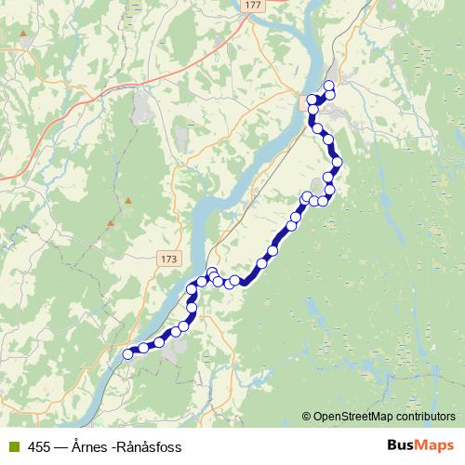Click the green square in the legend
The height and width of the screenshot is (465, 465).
(11, 446)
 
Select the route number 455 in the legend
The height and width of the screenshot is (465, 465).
(39, 446)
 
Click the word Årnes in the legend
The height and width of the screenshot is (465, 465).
(86, 446)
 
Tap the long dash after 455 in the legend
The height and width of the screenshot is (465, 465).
(60, 446)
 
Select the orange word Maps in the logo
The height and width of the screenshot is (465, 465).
(435, 445)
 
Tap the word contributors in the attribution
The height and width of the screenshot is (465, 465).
(425, 417)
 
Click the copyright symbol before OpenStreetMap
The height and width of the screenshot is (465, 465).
(306, 417)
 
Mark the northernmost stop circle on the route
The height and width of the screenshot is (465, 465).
(328, 86)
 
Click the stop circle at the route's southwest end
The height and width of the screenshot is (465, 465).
(128, 353)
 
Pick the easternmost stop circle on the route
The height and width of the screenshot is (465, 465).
(337, 162)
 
